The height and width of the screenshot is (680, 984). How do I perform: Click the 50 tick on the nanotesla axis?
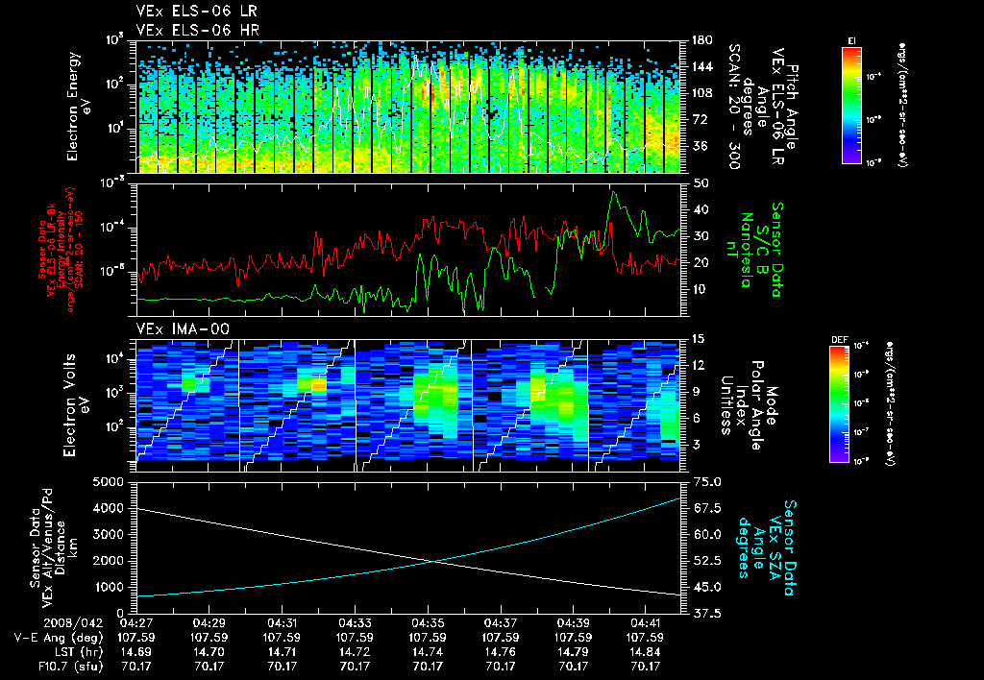(x=701, y=182)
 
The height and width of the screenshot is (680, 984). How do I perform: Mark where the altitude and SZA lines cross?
(x=434, y=562)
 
